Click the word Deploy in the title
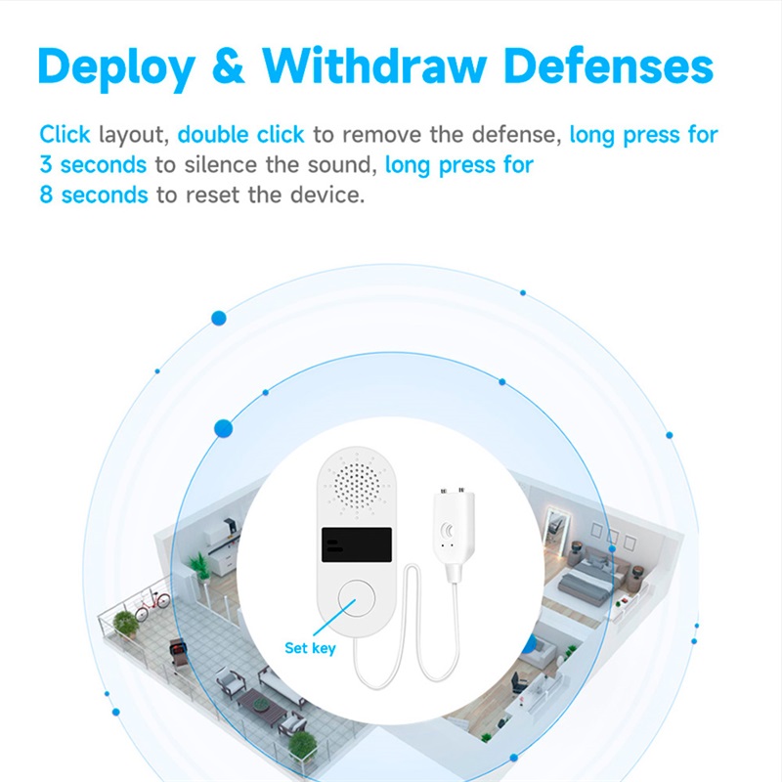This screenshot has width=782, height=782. tap(116, 68)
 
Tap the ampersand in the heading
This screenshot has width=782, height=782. tap(229, 65)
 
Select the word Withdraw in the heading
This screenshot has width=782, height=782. tap(374, 65)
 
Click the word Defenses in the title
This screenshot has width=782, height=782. tap(608, 65)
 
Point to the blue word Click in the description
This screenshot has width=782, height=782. tap(65, 134)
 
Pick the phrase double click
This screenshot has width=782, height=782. tap(240, 134)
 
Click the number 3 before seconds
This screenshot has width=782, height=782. tap(46, 164)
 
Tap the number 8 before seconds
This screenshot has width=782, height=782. tap(46, 195)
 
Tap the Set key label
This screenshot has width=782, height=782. tap(310, 648)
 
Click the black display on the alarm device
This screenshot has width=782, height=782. tap(357, 544)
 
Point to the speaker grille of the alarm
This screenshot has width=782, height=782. tap(357, 485)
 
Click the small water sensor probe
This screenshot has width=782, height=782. tap(454, 534)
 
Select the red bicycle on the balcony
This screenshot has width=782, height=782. tap(152, 604)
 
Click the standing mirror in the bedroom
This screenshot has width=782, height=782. tap(556, 531)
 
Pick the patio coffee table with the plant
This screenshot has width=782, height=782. tap(261, 705)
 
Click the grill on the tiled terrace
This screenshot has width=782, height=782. tap(178, 652)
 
